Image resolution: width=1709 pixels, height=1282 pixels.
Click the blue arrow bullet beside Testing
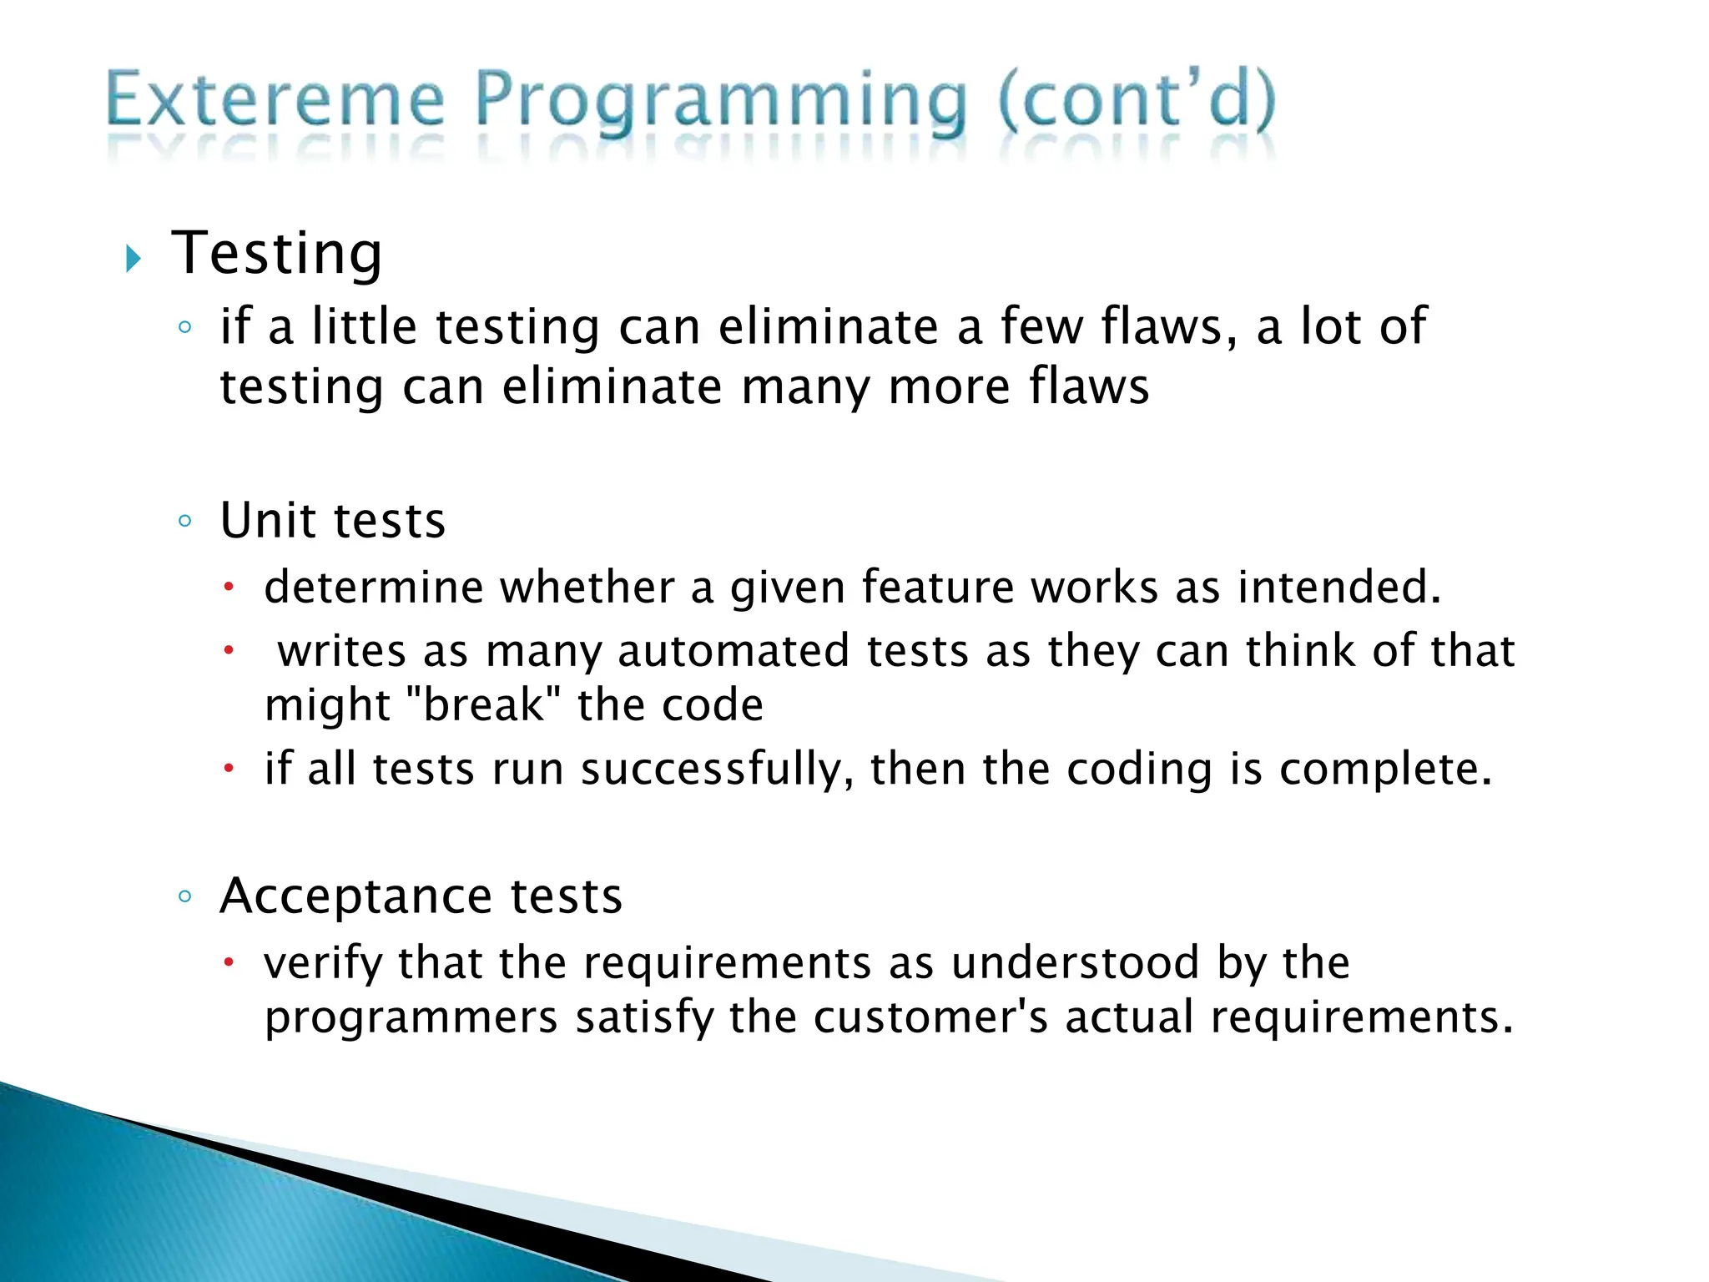coord(134,259)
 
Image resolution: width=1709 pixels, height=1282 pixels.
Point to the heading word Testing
coord(277,254)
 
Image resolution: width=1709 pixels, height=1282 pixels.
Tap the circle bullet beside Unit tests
coord(185,522)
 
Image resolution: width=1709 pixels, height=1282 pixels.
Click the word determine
coord(373,587)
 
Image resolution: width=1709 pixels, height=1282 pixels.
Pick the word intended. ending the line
coord(1339,587)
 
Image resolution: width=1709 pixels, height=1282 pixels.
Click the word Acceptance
coord(356,896)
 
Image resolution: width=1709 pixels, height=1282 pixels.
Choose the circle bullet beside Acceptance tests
coord(185,897)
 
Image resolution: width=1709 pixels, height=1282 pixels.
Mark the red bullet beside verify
coord(228,964)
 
